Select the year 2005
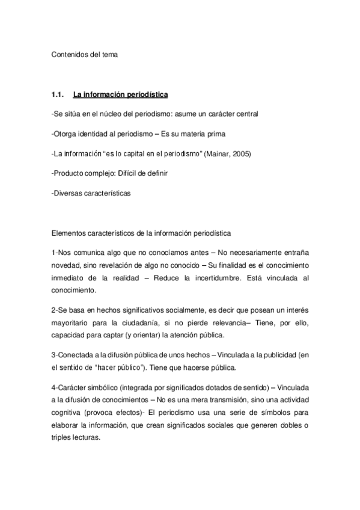pyautogui.click(x=242, y=153)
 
